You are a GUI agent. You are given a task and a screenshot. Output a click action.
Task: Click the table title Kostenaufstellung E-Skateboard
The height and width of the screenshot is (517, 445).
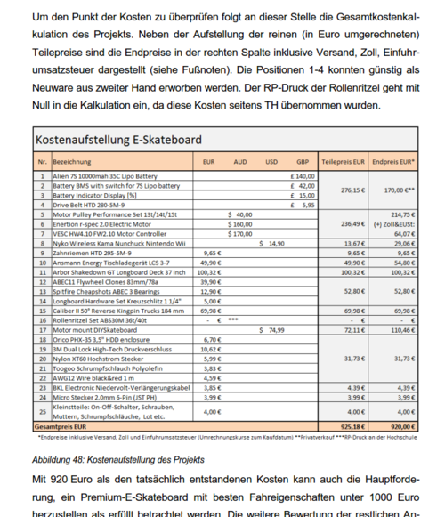pos(117,140)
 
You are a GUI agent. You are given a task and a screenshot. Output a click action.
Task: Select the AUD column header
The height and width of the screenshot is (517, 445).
pos(239,163)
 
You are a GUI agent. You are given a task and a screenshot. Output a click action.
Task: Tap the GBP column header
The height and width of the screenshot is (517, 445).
pos(303,163)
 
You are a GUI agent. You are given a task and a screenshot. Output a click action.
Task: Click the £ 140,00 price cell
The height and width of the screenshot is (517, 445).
pos(303,176)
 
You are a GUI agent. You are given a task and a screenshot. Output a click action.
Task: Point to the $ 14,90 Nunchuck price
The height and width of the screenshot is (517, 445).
pos(271,243)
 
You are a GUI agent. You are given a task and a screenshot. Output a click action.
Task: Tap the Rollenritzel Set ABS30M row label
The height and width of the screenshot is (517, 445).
pos(98,319)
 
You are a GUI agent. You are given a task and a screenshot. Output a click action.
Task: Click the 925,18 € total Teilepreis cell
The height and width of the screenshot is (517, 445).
pos(352,427)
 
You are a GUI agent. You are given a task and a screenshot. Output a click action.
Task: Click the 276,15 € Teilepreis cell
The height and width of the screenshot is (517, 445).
pos(353,190)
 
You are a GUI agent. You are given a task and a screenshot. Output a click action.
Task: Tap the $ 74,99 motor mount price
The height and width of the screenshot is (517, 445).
pos(271,329)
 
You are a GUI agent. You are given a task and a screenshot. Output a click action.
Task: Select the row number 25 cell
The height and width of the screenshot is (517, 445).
pos(42,413)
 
